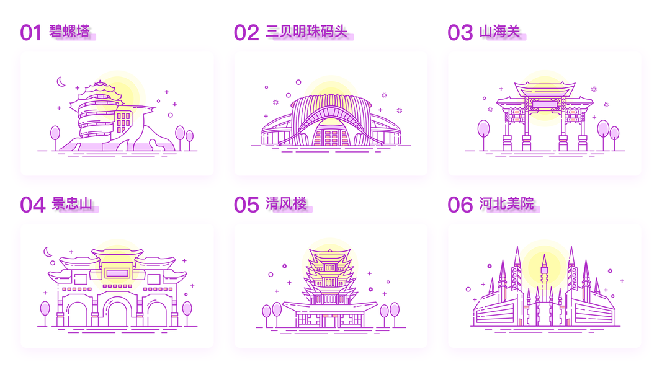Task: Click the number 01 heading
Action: [x=30, y=32]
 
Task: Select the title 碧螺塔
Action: [x=69, y=31]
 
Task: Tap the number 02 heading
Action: [x=246, y=32]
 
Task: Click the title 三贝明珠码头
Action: [x=306, y=31]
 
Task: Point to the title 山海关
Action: [x=499, y=31]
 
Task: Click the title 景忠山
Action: [x=71, y=203]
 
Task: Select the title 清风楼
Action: [x=285, y=203]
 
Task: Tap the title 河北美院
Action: [x=506, y=203]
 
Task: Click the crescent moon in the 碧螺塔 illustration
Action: [x=61, y=81]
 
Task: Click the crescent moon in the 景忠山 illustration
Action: [x=47, y=251]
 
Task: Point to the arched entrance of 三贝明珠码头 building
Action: [x=331, y=134]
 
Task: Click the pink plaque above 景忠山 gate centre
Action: [x=117, y=272]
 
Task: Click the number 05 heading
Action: [x=246, y=204]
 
